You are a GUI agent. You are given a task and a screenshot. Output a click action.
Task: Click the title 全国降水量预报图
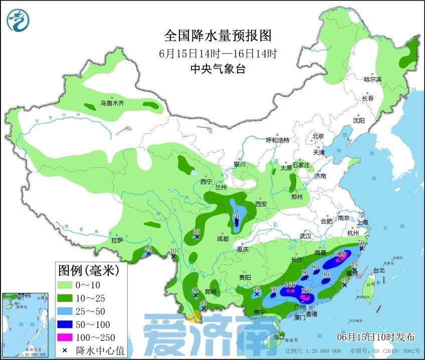tap(218, 36)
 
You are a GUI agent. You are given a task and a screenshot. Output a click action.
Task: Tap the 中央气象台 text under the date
tap(218, 69)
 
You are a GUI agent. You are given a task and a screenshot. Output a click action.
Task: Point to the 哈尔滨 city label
tap(372, 79)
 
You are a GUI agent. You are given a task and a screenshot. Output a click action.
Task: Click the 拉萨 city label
tap(117, 240)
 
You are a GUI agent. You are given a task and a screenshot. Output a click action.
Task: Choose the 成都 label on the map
tap(223, 239)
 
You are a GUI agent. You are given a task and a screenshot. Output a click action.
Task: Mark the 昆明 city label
tap(210, 291)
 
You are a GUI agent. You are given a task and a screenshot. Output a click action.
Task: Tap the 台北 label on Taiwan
tap(379, 270)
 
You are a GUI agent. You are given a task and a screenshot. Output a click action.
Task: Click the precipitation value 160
tap(290, 285)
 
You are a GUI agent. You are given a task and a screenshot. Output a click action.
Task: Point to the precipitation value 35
tap(197, 231)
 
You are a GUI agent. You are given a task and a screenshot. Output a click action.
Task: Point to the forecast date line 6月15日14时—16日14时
tap(218, 53)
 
